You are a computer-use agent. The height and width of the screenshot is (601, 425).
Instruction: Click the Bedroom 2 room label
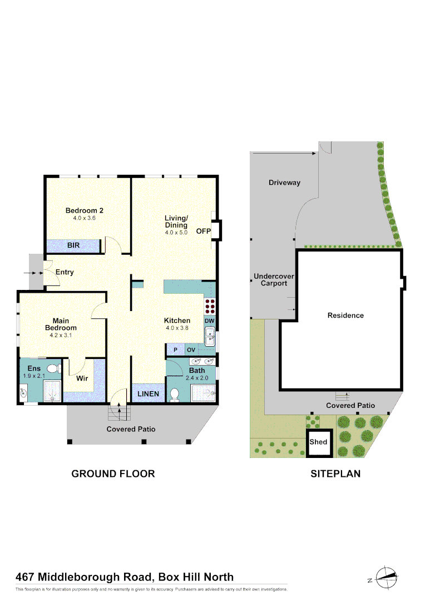85,210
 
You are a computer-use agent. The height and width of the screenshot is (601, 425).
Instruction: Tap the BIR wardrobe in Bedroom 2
73,245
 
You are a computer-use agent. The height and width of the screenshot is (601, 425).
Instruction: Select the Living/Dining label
176,221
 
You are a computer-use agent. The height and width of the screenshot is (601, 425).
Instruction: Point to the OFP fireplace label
202,231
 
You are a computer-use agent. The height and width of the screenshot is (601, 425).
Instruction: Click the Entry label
65,272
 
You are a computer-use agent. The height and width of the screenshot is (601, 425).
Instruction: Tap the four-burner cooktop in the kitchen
210,308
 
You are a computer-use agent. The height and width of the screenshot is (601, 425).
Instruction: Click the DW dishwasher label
210,321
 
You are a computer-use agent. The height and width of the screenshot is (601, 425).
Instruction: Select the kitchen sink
210,337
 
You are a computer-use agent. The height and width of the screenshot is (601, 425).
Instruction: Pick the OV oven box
191,350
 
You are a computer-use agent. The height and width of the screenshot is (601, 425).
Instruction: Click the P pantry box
175,350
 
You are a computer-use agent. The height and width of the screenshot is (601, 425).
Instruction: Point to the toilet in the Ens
53,368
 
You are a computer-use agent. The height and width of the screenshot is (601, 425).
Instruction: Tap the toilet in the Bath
174,394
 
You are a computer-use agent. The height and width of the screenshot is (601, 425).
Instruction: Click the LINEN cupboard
149,394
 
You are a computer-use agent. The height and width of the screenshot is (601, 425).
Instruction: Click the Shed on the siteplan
319,443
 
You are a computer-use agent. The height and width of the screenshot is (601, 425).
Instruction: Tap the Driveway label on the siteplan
284,183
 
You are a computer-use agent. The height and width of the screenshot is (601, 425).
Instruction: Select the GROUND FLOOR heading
113,474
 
